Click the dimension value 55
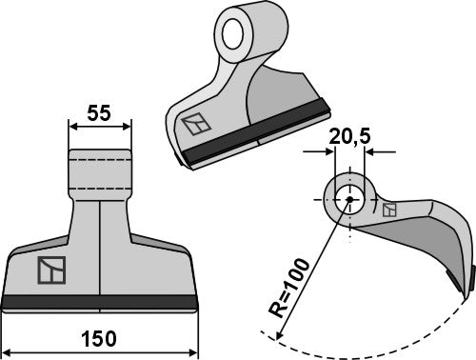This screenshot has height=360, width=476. click(99, 112)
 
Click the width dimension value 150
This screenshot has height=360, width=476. click(99, 340)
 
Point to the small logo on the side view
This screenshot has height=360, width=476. click(388, 210)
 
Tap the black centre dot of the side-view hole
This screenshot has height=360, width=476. click(348, 199)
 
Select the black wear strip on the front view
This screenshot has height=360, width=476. click(99, 303)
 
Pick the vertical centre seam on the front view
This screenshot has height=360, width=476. click(99, 248)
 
